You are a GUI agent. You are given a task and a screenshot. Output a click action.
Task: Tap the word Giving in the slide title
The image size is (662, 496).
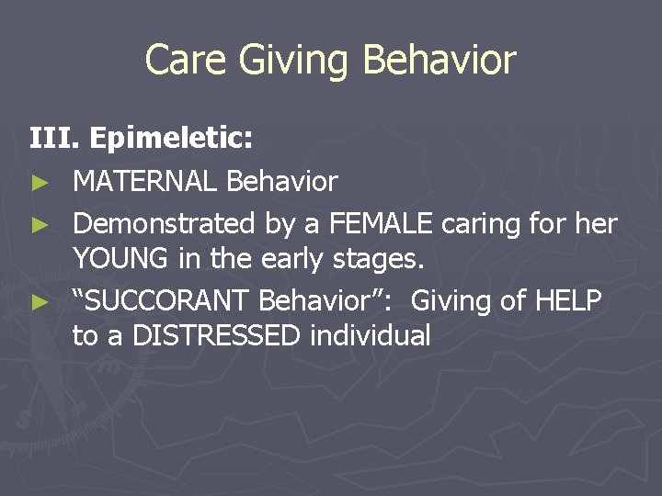[296, 61]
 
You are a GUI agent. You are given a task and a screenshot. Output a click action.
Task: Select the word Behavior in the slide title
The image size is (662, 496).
[439, 61]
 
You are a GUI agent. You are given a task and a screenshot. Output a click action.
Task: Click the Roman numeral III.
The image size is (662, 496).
[54, 140]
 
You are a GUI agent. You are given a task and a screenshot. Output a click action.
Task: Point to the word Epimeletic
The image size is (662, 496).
[171, 140]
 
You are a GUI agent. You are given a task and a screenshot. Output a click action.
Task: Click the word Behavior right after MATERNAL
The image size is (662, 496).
[282, 182]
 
